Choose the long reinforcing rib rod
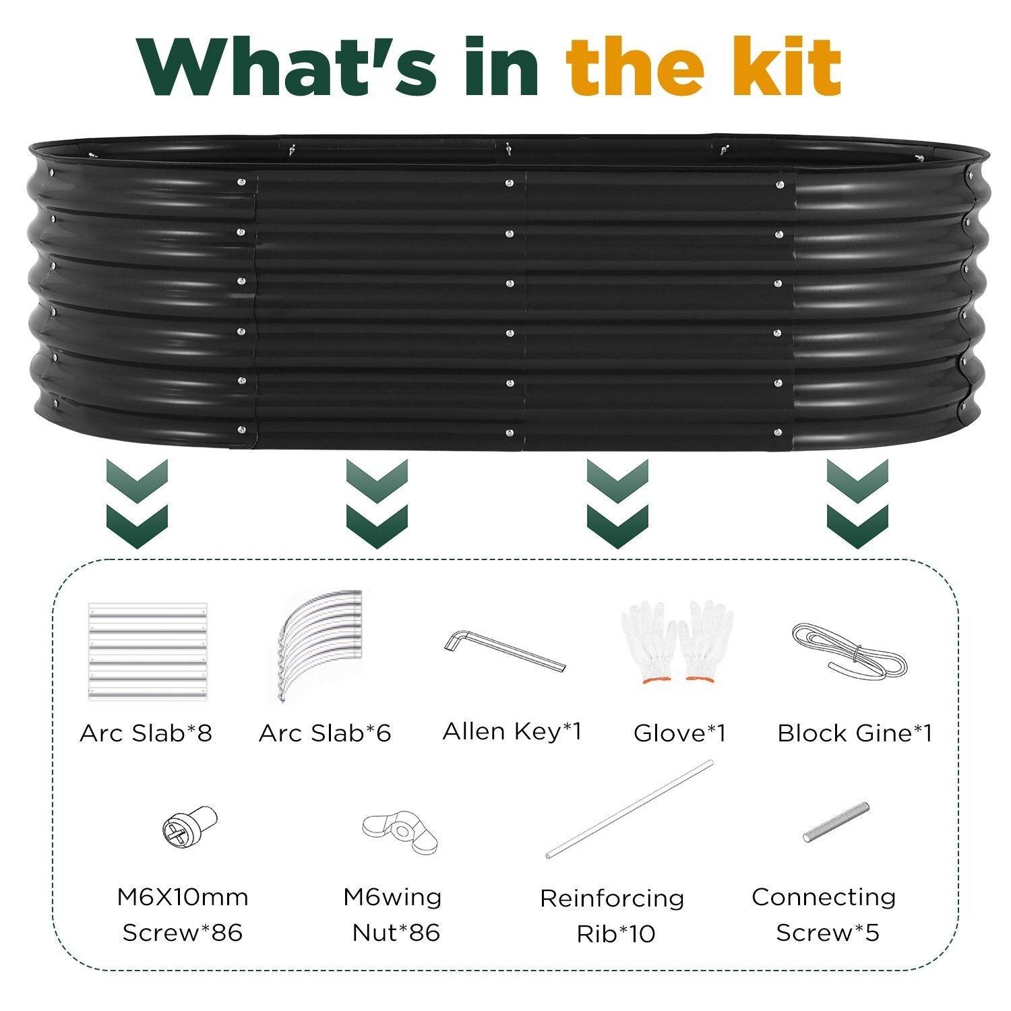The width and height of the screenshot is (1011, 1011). click(629, 809)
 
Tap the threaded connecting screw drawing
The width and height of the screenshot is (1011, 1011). click(836, 822)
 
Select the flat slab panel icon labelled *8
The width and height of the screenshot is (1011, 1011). click(147, 652)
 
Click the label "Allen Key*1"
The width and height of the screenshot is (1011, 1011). click(512, 731)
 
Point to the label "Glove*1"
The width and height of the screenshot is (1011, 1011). click(679, 733)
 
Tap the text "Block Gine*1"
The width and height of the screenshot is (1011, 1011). click(855, 733)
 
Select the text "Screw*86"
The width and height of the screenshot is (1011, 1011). click(182, 933)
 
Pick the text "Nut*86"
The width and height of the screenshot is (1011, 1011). click(396, 933)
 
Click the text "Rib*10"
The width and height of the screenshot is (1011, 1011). click(615, 934)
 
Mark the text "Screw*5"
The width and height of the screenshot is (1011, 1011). click(827, 933)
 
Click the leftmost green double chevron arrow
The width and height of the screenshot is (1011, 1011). click(137, 503)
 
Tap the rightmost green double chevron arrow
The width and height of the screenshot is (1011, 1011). click(857, 503)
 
